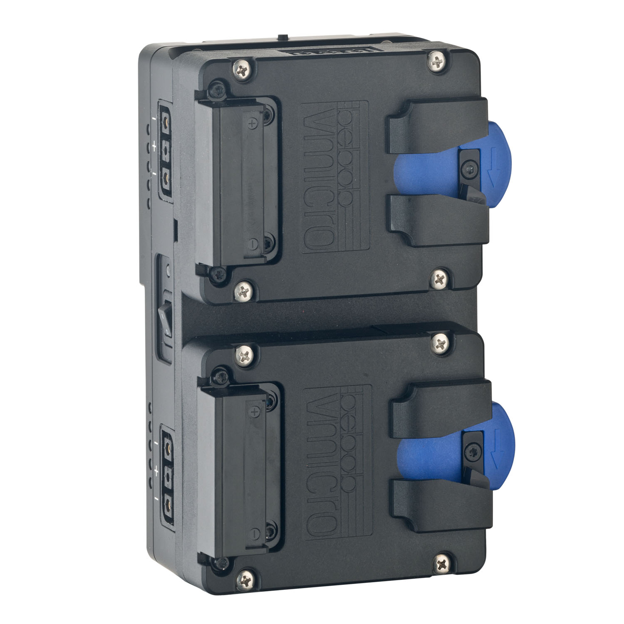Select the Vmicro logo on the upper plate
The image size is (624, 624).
(335, 177)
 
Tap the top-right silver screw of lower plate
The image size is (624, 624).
(440, 343)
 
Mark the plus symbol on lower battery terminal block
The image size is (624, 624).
(254, 411)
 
